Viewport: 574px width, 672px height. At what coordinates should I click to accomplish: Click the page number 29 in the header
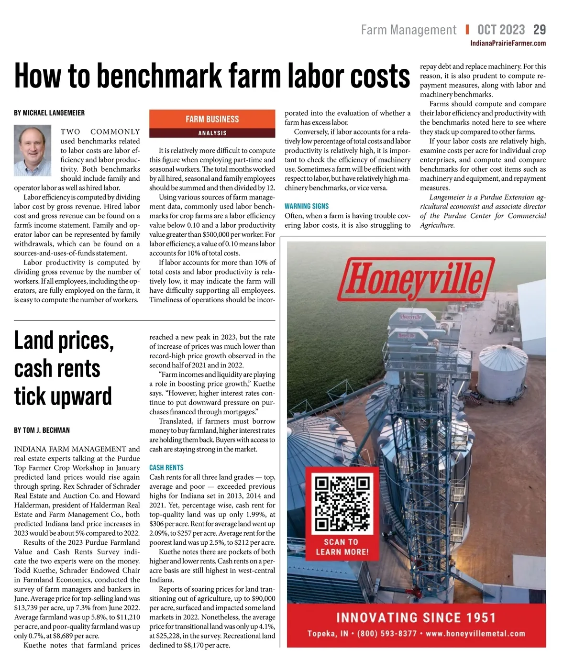click(539, 30)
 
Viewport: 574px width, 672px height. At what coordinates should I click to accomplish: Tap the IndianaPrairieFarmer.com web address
click(508, 43)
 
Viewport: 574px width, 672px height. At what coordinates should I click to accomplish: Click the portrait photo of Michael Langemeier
click(33, 151)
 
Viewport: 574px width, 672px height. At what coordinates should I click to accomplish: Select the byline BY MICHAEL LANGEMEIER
click(49, 113)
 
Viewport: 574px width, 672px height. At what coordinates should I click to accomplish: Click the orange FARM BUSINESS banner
click(212, 119)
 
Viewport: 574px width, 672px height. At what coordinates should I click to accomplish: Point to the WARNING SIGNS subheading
click(307, 206)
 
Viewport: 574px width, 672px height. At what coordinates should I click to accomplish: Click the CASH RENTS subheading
click(166, 467)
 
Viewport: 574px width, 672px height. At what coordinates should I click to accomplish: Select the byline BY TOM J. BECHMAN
click(42, 430)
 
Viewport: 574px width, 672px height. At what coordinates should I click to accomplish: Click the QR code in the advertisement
click(342, 503)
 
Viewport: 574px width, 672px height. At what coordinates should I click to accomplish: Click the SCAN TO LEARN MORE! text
click(342, 547)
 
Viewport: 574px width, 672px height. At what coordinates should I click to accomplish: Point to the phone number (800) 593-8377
click(387, 633)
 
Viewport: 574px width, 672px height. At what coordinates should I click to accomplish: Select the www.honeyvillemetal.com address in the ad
click(475, 633)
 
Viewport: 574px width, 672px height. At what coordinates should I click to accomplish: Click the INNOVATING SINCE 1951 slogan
click(416, 617)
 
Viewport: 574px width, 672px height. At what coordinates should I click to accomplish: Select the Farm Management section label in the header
click(408, 30)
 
